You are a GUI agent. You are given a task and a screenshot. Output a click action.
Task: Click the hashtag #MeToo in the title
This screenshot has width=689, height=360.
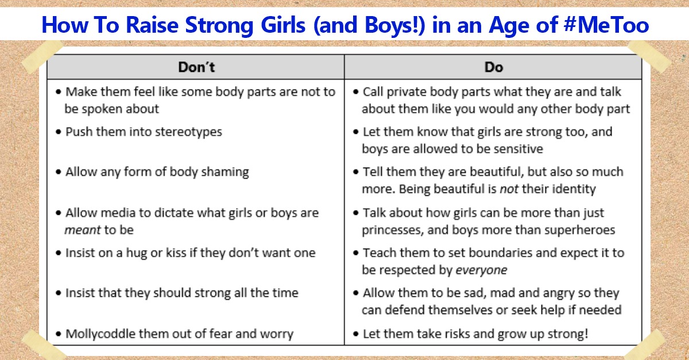coord(606,25)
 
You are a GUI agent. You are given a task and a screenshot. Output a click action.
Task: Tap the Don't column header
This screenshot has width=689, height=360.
coord(196,67)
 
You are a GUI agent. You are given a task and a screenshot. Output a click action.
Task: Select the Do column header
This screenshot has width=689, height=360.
coord(494,67)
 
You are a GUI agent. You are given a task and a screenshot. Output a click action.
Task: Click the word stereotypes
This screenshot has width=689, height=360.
coord(188,132)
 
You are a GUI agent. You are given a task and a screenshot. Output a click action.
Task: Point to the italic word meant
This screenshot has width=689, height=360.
coord(83,230)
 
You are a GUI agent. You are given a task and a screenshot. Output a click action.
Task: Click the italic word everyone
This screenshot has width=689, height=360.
coord(481,270)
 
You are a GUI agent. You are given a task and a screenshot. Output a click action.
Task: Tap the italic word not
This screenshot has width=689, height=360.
coord(509,189)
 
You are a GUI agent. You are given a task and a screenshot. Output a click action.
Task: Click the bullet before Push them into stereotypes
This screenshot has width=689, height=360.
coord(59,132)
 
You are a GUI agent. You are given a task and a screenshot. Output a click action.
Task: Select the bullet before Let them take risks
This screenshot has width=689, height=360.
coord(356,334)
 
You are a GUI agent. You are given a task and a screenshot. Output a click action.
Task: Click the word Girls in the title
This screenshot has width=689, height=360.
coord(283,25)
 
